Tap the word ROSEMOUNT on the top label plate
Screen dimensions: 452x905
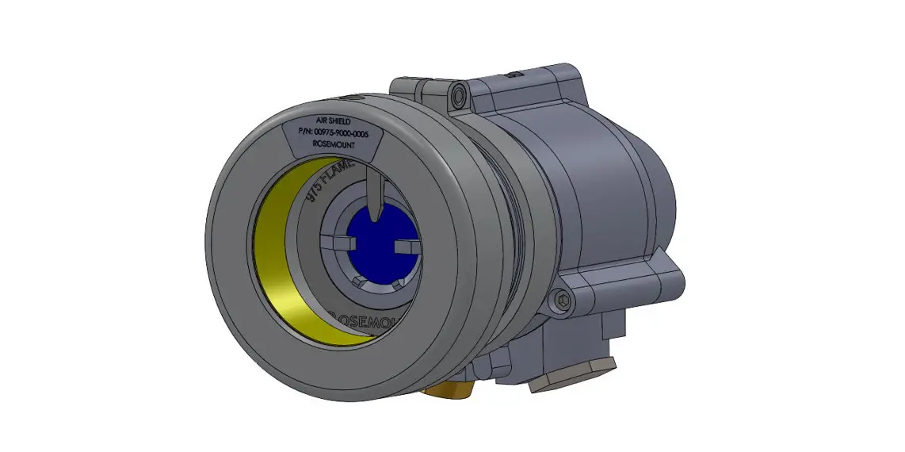pyautogui.click(x=332, y=147)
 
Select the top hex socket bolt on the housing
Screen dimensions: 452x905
pyautogui.click(x=458, y=98)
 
